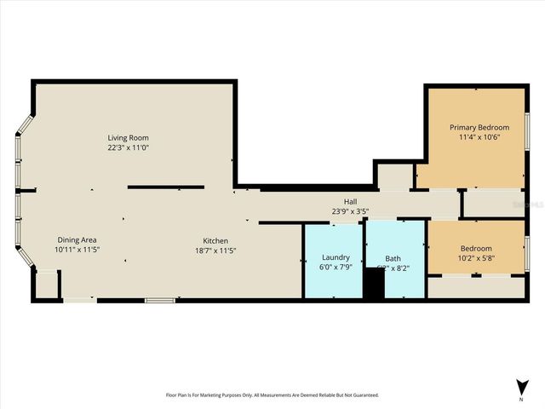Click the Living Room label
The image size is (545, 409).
[129, 137]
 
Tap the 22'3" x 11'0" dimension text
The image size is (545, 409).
[129, 147]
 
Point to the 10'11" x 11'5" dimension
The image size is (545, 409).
[78, 250]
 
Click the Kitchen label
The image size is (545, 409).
[215, 239]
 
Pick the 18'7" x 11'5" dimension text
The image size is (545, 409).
[215, 250]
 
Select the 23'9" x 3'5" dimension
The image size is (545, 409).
[341, 210]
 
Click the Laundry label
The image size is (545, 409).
[336, 257]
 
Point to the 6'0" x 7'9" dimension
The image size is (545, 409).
[336, 268]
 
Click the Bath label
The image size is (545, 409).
[393, 257]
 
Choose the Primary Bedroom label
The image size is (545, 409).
[473, 127]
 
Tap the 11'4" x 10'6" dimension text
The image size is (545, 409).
[473, 137]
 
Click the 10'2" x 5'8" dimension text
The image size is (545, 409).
[476, 259]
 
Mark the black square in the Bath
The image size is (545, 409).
[374, 285]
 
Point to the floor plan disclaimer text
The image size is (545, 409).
[272, 395]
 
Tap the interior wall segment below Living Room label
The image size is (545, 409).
[166, 187]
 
